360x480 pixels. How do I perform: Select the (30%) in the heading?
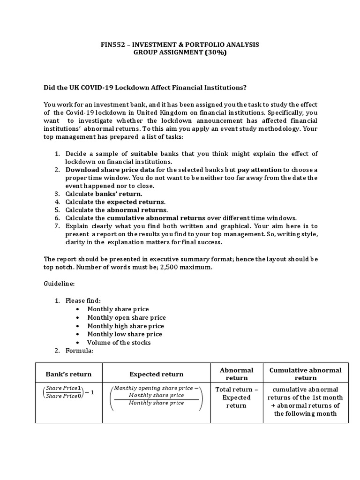tap(213, 53)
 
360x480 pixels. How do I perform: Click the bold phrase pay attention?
tap(258, 170)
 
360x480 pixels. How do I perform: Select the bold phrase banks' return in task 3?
tap(118, 194)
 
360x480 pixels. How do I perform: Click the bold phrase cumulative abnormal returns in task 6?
tap(156, 217)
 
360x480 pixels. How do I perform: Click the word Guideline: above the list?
tap(59, 284)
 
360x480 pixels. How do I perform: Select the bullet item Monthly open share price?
tap(127, 317)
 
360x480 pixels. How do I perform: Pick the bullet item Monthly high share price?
tap(126, 326)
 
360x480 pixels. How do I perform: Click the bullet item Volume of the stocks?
tap(119, 342)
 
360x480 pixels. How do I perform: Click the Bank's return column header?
tap(68, 374)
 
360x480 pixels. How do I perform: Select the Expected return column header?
tap(156, 374)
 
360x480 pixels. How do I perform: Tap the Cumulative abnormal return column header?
tap(305, 374)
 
